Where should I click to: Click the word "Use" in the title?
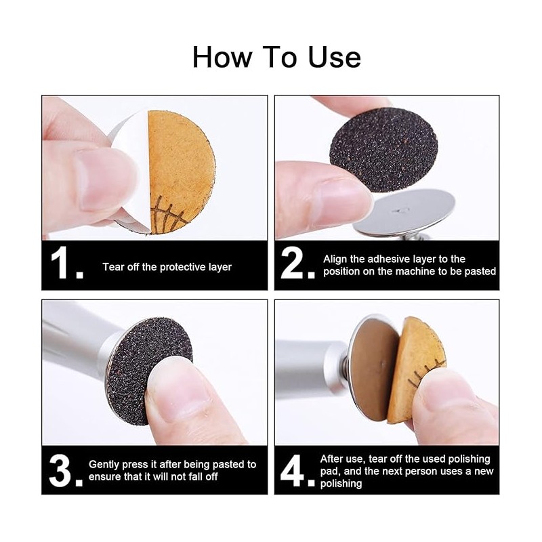(334, 58)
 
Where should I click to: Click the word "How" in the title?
(222, 57)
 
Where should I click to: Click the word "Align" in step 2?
(335, 259)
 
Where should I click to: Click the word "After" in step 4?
(331, 459)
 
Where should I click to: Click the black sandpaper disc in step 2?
(383, 150)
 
